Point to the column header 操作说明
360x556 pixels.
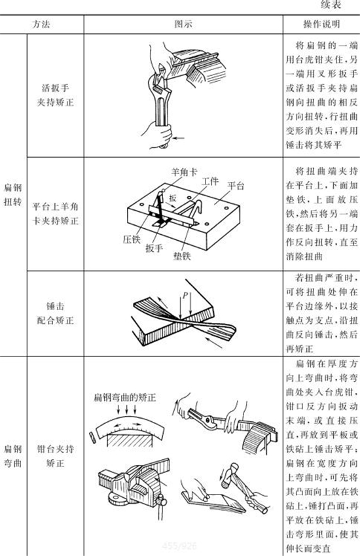321,24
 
